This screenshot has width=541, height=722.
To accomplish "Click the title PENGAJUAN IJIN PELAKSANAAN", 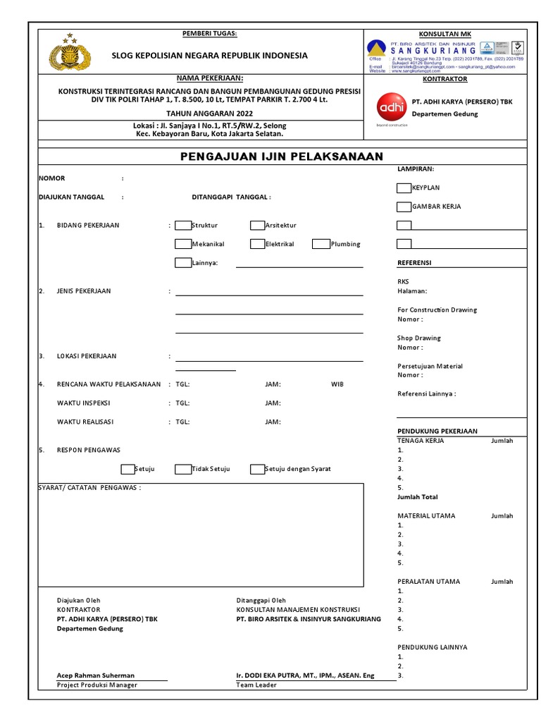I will point(280,157).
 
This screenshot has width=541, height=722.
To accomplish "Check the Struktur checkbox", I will point(182,226).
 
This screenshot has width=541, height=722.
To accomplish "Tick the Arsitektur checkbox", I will point(257,226).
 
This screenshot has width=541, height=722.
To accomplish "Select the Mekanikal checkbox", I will point(182,244).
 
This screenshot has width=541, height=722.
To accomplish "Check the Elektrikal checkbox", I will point(257,244).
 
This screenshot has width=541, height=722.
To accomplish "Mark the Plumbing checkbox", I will point(321,244).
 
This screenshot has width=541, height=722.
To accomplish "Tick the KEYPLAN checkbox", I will point(404,188).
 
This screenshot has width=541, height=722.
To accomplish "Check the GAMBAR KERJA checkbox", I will point(404,207).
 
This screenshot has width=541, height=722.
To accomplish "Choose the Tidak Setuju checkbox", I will point(182,469).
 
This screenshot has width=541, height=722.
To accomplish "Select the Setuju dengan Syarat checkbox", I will point(257,469).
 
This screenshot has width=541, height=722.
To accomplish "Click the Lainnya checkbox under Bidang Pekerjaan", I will point(182,263).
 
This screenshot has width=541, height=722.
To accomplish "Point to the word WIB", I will point(337,385).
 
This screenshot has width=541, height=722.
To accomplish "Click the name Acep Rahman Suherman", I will point(96,675).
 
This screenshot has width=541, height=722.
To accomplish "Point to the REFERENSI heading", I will point(414,263).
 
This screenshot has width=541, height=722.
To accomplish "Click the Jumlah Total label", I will point(418,497).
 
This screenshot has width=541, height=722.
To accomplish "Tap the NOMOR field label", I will point(51,178).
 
